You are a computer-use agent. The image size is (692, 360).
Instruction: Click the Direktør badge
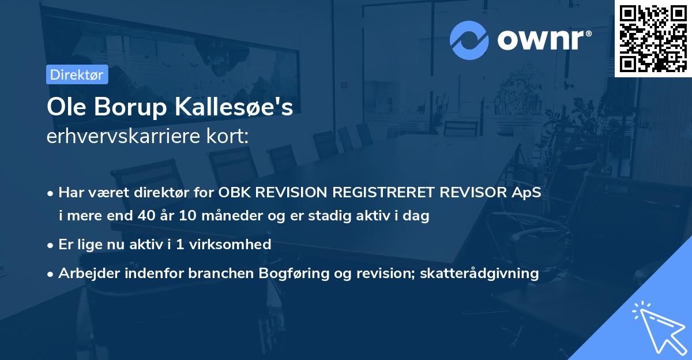(77, 74)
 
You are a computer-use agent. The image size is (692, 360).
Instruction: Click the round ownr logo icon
(469, 40)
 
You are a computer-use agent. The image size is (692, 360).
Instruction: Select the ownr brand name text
(543, 40)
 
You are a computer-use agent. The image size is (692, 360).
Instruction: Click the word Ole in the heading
(64, 108)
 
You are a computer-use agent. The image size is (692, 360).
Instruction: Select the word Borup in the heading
(123, 108)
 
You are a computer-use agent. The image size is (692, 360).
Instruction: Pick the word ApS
(526, 193)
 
